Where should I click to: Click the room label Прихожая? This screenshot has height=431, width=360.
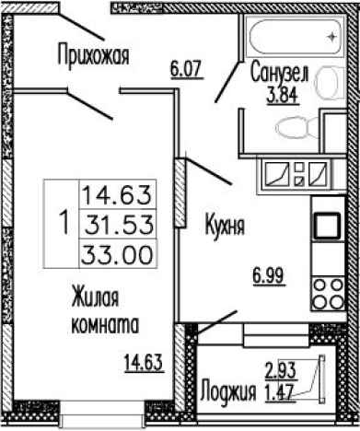(x=92, y=54)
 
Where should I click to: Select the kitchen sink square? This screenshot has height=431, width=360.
(x=326, y=225)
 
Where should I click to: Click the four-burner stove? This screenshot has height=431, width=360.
(x=325, y=292)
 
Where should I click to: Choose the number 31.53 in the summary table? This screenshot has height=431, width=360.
(x=119, y=224)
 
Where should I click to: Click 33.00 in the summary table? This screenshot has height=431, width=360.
(x=119, y=250)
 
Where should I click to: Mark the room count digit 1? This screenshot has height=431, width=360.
(x=63, y=222)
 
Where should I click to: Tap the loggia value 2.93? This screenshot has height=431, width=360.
(x=281, y=371)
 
